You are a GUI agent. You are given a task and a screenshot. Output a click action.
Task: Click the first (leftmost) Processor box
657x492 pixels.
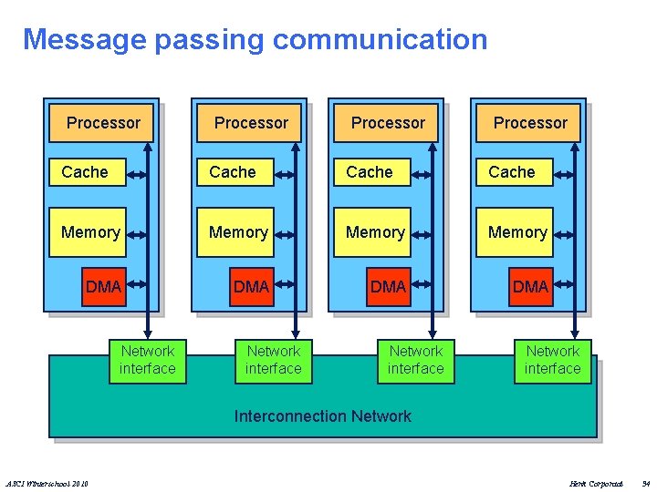[103, 123]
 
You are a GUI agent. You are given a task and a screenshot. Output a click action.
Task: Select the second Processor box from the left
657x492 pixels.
[251, 123]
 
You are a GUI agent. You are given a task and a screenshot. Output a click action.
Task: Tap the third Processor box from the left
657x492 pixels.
[388, 123]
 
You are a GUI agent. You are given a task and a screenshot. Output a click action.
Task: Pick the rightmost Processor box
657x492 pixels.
[530, 123]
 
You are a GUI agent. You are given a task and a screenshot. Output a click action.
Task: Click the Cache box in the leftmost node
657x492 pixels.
[85, 172]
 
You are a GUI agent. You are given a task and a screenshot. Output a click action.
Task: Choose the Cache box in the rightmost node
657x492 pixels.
[512, 172]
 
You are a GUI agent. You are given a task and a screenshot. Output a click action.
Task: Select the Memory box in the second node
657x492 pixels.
[238, 233]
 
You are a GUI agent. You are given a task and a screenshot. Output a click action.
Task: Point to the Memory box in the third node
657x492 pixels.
[375, 233]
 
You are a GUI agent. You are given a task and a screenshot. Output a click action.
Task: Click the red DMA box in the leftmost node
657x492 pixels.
[103, 287]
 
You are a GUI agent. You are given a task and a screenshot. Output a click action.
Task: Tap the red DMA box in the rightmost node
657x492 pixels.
[530, 287]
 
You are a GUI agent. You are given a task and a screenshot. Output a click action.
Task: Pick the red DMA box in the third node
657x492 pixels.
[388, 287]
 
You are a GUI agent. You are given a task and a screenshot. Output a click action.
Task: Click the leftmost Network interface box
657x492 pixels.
[147, 360]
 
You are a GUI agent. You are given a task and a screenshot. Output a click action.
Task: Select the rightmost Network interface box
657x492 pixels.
[552, 360]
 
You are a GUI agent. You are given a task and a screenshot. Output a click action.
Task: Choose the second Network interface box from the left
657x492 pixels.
[273, 360]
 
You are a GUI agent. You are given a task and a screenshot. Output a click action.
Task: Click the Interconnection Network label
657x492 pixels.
[323, 416]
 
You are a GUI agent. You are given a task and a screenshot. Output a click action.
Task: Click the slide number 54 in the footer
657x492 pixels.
[645, 483]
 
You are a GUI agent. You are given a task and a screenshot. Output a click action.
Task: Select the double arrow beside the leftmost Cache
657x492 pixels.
[136, 172]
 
